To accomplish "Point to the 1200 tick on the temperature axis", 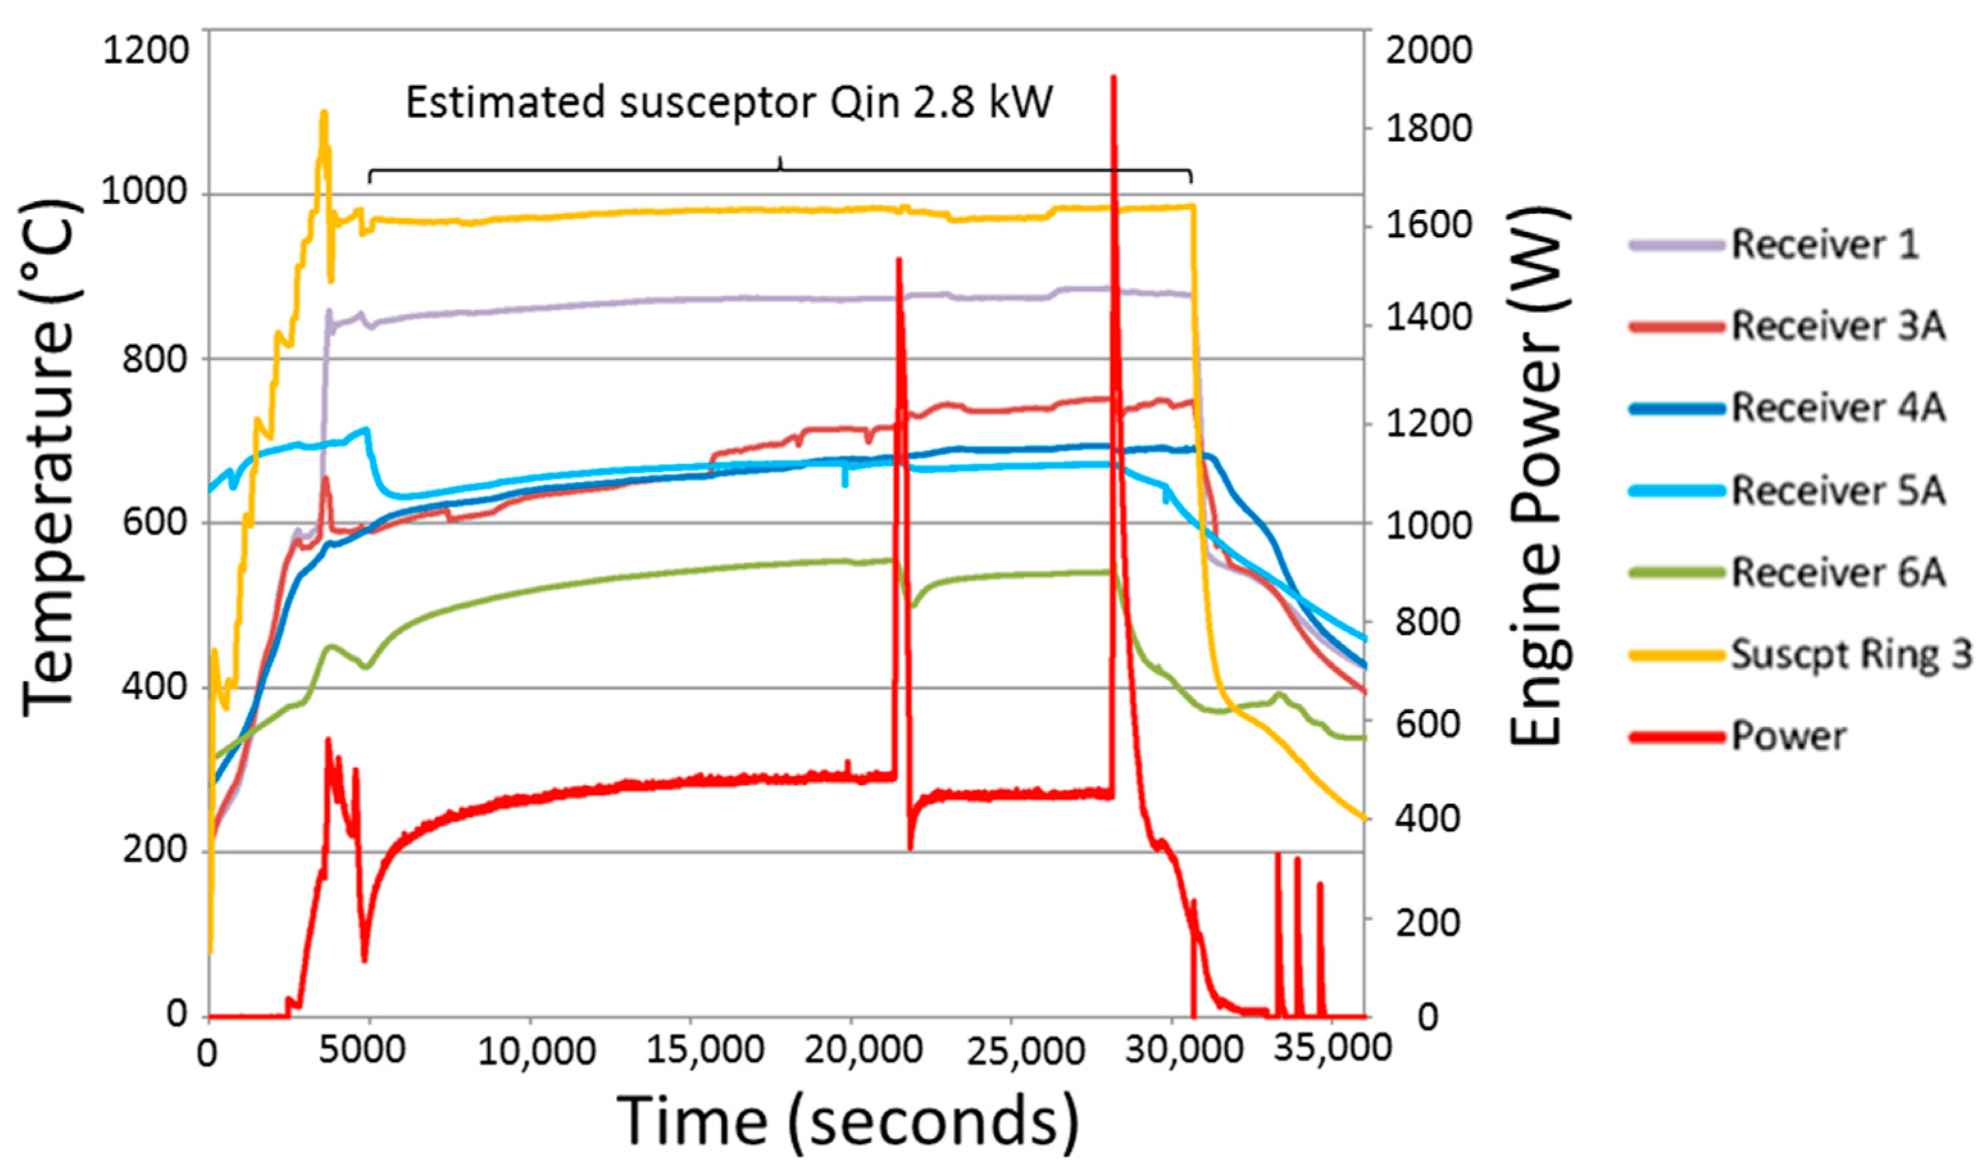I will (145, 51).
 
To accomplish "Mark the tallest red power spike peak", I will (1113, 78).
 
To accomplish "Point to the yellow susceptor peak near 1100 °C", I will (323, 112).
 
